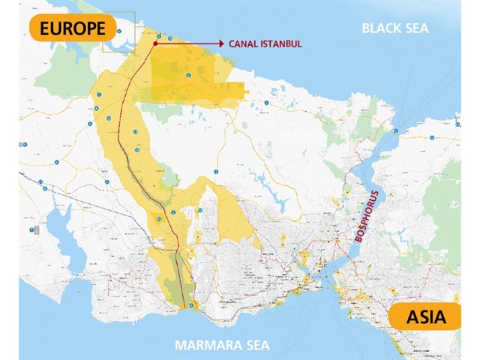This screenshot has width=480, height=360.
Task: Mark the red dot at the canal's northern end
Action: click(154, 43)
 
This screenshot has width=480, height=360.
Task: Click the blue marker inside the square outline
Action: click(118, 32)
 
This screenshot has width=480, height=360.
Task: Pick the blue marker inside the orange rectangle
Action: click(189, 76)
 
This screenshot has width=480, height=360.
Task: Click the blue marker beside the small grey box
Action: click(31, 229)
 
